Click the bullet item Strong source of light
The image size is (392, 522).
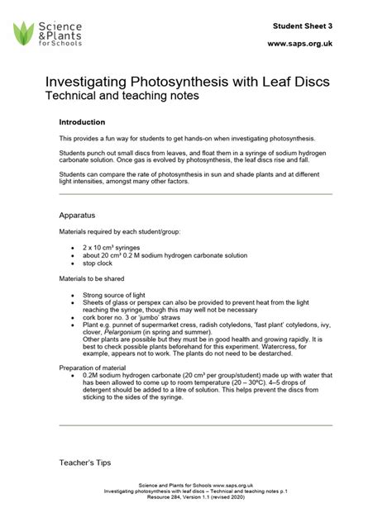click(x=121, y=295)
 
